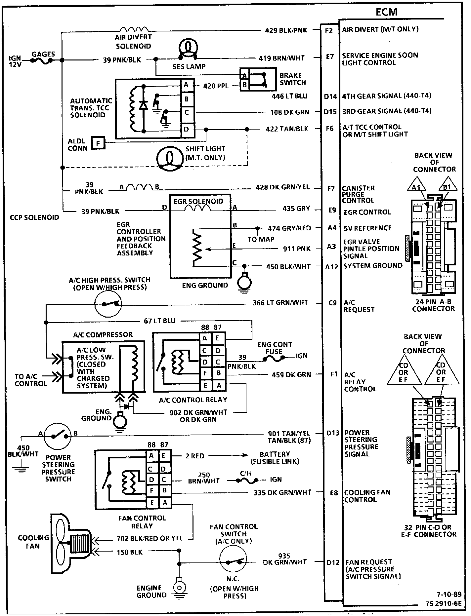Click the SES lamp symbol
188,48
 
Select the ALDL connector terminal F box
98,143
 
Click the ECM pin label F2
329,30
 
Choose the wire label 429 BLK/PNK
286,30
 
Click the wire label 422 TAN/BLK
287,129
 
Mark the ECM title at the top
386,12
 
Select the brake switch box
258,79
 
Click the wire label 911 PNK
297,249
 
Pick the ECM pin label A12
331,266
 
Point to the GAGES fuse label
43,54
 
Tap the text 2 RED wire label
194,456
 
